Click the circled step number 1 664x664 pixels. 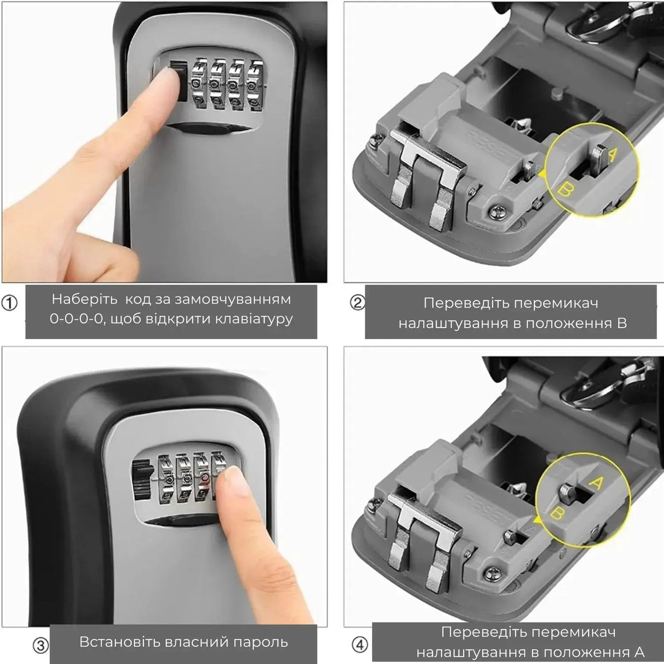tap(9, 303)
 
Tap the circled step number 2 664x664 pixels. tap(358, 303)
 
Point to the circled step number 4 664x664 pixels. tap(360, 635)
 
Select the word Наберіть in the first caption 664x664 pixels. tap(85, 299)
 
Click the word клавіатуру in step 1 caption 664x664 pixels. tap(254, 319)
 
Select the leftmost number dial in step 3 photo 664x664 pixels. tap(166, 478)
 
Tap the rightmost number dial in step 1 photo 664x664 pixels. tap(255, 85)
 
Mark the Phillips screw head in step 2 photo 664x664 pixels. tap(497, 211)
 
